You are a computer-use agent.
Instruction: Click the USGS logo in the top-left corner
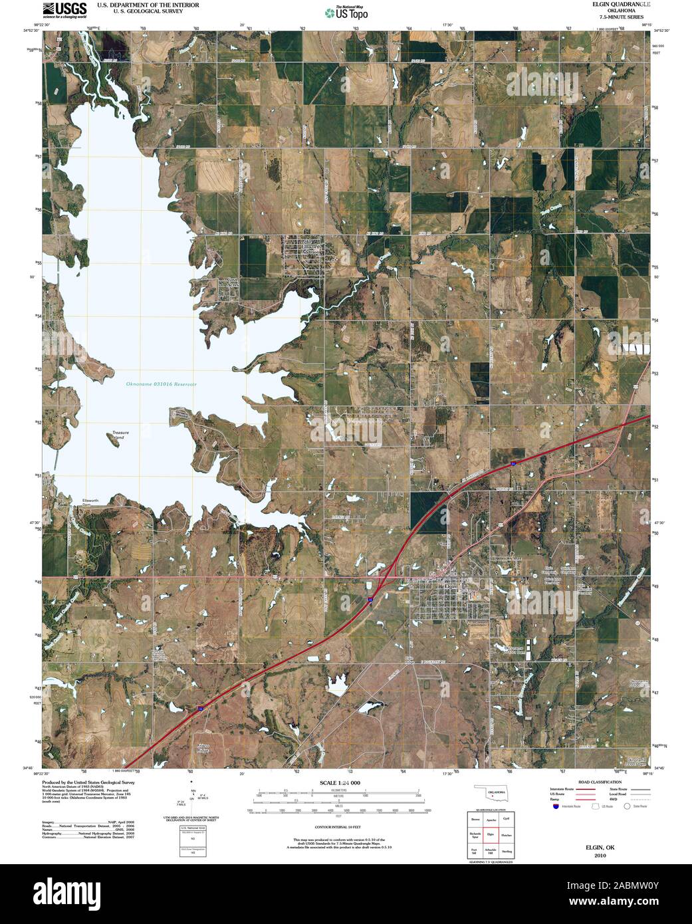tap(64, 9)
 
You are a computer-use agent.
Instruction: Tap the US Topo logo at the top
tap(346, 13)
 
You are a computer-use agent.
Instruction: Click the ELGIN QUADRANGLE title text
tap(617, 4)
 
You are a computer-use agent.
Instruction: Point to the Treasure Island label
tap(120, 435)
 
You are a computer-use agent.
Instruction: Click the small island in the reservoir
tap(114, 444)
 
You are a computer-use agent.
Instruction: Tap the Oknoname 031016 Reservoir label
tap(162, 384)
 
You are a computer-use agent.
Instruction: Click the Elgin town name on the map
tap(450, 586)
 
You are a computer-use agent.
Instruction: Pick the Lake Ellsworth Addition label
tap(305, 245)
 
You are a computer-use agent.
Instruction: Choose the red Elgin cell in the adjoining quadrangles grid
tap(491, 834)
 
